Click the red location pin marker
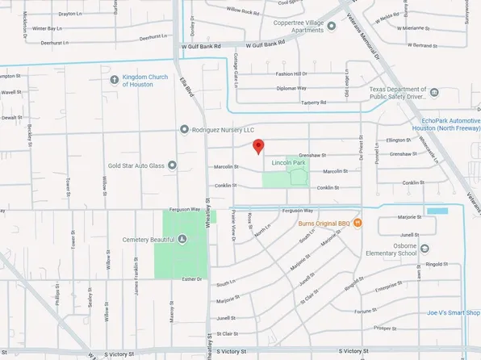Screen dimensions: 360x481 tap(258, 146)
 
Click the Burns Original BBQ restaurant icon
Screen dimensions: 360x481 tap(358, 222)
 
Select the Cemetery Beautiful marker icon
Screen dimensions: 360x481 tap(182, 239)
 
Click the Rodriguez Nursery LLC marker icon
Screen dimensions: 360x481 tap(184, 129)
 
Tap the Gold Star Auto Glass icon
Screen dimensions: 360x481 tap(171, 165)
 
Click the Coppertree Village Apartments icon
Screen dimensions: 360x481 tap(332, 26)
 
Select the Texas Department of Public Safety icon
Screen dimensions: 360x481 tap(434, 93)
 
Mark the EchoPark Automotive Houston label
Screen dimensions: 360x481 tap(445, 123)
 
